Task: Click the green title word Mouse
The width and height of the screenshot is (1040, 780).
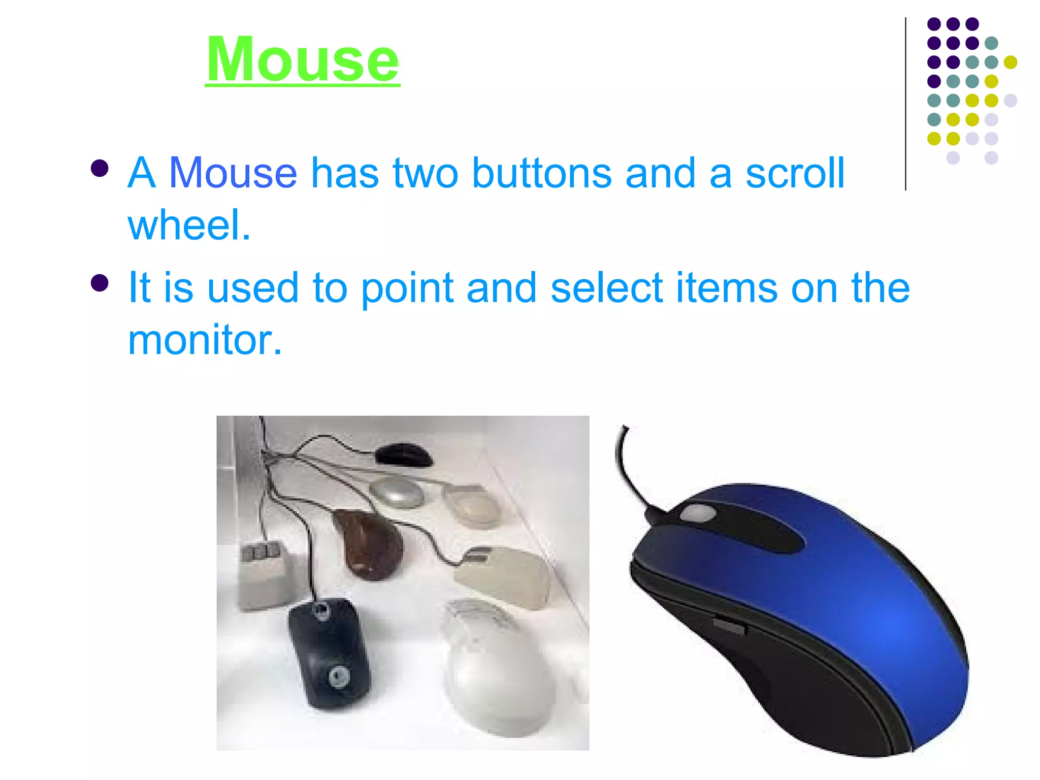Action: [x=303, y=60]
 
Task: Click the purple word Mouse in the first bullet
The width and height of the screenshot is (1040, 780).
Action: [x=233, y=173]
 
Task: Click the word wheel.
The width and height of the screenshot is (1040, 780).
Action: [x=189, y=225]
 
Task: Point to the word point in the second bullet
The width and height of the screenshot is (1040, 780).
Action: [x=407, y=288]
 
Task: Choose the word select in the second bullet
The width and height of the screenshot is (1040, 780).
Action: [x=606, y=287]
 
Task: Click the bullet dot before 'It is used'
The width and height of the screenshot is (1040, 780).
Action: [x=100, y=283]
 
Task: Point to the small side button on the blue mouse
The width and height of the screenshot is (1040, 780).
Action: [x=729, y=626]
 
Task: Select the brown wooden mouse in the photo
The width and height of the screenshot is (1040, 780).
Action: [x=368, y=543]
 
